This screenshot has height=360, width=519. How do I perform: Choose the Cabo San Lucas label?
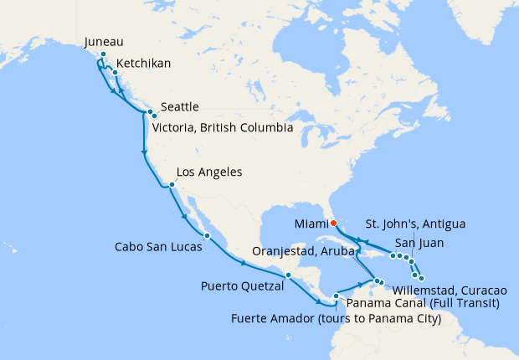pyautogui.click(x=159, y=247)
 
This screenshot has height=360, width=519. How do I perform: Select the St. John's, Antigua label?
pyautogui.click(x=416, y=224)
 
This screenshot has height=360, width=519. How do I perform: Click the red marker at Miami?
pyautogui.click(x=333, y=223)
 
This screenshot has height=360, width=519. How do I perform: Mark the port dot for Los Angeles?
pyautogui.click(x=171, y=185)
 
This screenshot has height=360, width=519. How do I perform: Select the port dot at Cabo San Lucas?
pyautogui.click(x=206, y=235)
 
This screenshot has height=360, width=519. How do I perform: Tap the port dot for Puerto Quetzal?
pyautogui.click(x=287, y=275)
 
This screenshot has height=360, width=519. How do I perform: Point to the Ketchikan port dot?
pyautogui.click(x=115, y=72)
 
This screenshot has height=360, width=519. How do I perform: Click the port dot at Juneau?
pyautogui.click(x=102, y=55)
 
